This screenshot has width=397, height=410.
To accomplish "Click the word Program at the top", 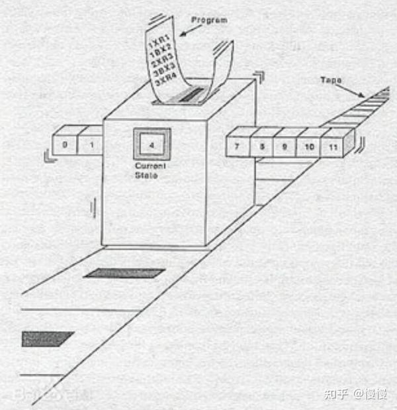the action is click(x=209, y=21).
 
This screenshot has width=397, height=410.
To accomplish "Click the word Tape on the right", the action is click(x=331, y=79).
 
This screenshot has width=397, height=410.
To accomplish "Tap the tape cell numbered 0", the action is click(x=65, y=144).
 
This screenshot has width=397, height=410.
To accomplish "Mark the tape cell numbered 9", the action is click(x=285, y=145).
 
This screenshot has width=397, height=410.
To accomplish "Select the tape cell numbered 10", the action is click(x=308, y=145).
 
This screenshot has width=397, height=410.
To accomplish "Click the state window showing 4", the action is click(x=152, y=144).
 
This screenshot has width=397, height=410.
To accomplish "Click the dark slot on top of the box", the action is click(x=191, y=94).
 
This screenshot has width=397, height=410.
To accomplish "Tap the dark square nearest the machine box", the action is click(x=124, y=273).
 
